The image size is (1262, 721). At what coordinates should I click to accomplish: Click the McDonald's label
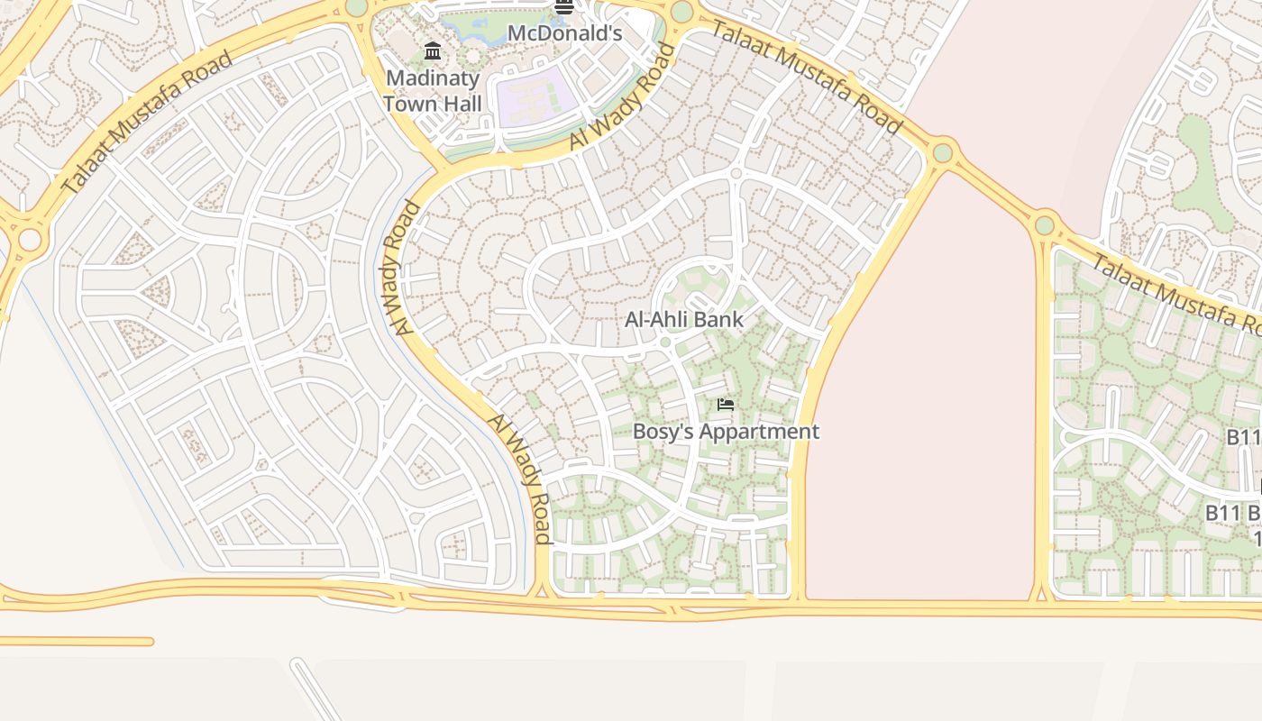[564, 34]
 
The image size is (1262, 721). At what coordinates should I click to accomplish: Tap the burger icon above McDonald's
[564, 7]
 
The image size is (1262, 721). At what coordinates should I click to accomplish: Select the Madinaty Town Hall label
[433, 91]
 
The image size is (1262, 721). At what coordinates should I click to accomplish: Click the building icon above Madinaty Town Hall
[433, 50]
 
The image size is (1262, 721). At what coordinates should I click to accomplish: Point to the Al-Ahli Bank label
[684, 319]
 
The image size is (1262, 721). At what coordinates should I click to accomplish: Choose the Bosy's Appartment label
[726, 432]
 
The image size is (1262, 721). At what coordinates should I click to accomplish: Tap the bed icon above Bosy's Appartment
[726, 405]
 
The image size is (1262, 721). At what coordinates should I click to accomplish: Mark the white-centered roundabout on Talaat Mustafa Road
[30, 240]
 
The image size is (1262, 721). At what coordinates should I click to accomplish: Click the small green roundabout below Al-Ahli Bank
[665, 342]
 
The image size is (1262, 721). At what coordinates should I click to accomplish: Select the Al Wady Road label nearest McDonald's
[622, 97]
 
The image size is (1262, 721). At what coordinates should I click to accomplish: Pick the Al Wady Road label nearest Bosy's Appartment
[519, 479]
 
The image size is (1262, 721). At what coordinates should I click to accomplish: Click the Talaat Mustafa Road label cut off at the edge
[1176, 292]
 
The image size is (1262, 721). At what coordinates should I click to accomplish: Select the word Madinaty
[433, 78]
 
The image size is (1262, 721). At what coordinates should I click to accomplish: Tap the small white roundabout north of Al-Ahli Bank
[736, 173]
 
